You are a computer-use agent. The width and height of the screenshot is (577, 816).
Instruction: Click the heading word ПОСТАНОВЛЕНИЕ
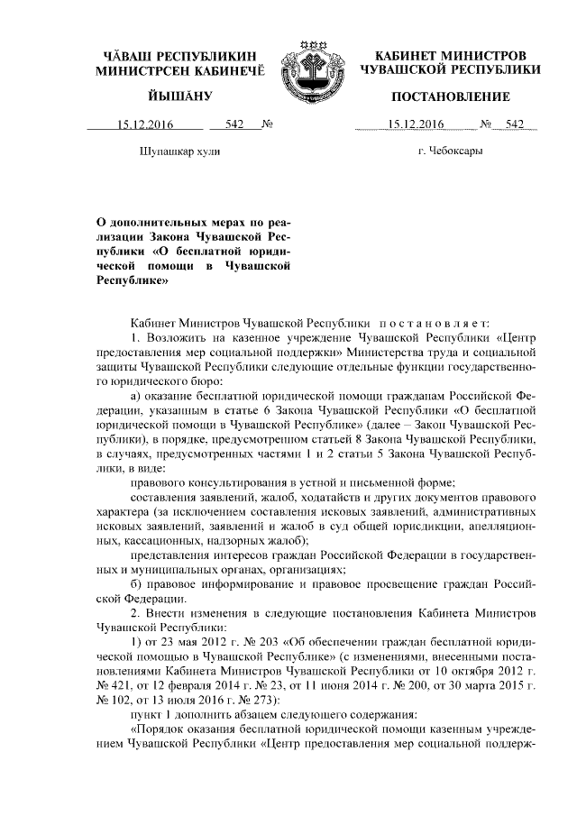(x=450, y=96)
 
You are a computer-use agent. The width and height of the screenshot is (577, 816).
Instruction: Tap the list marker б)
(x=135, y=583)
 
